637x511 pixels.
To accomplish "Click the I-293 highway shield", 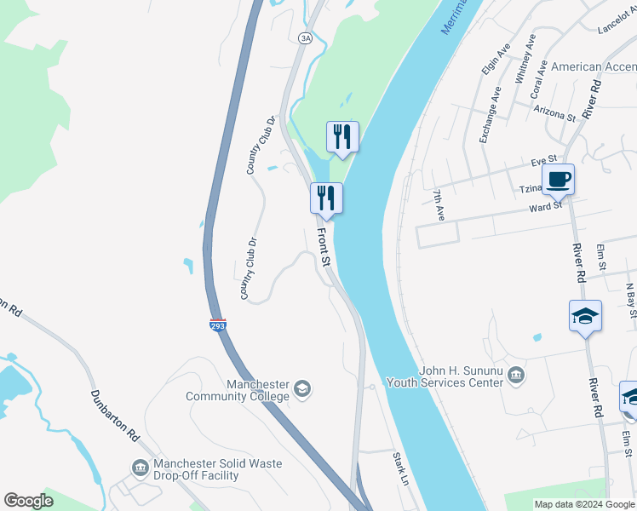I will click(218, 324).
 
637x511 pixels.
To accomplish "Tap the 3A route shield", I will click(305, 37).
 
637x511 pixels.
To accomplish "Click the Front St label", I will click(324, 245).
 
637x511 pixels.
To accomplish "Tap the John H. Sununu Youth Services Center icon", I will click(516, 375).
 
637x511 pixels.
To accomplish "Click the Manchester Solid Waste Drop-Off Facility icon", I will click(141, 467).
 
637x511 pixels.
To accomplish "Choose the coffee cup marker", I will click(557, 180).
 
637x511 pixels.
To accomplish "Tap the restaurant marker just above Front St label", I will click(326, 198).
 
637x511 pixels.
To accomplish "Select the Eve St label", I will click(542, 158).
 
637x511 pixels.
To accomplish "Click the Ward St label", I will click(545, 205).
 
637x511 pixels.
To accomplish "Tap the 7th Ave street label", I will click(438, 207).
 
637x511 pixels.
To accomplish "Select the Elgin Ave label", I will click(490, 56).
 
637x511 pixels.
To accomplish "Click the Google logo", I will click(28, 501).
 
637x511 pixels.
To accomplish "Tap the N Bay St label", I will click(630, 300).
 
